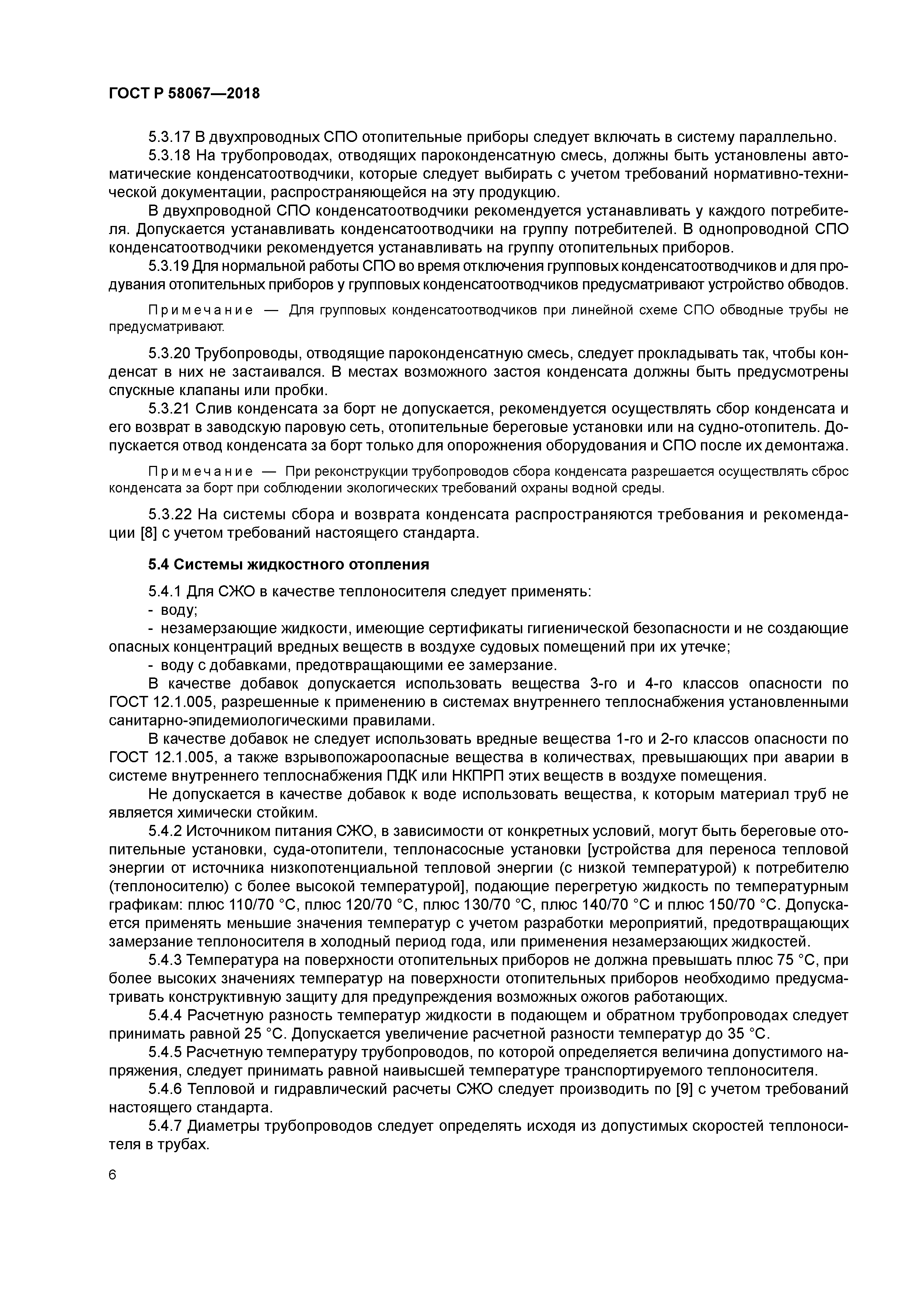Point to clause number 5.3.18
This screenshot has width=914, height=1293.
pyautogui.click(x=169, y=156)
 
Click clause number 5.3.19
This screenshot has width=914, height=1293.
pyautogui.click(x=169, y=266)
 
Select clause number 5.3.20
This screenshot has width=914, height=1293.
pyautogui.click(x=169, y=354)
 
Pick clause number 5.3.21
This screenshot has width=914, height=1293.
pyautogui.click(x=169, y=409)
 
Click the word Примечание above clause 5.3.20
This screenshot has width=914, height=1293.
pyautogui.click(x=200, y=311)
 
